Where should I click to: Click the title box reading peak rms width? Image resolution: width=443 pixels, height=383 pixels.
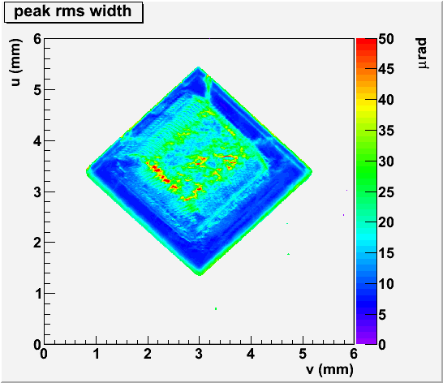74,12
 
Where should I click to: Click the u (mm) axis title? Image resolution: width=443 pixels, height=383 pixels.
15,62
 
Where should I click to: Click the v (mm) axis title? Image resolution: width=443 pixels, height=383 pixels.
329,369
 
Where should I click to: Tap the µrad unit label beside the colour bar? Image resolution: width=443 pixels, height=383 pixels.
422,53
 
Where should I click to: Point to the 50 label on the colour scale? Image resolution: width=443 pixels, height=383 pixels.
386,39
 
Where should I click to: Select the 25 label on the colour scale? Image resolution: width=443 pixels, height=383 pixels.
386,192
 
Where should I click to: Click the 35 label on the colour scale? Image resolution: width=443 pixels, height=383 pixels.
386,131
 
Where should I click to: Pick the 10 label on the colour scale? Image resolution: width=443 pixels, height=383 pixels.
386,283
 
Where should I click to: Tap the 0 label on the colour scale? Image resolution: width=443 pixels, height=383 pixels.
382,345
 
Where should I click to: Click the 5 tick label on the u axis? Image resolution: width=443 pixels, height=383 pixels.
37,90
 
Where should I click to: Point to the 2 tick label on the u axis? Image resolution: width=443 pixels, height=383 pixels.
37,243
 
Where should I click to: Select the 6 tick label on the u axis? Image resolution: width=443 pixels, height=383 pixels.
37,39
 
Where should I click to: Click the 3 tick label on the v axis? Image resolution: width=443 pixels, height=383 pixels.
199,354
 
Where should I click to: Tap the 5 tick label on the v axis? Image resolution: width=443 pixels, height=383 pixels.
303,354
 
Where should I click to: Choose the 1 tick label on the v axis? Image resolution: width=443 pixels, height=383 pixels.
96,354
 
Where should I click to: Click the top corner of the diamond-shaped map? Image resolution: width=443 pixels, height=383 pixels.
199,67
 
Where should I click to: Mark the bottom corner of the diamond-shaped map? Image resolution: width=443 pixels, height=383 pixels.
200,275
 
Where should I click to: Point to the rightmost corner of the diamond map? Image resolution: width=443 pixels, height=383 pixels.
312,171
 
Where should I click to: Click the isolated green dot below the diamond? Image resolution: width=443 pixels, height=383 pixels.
216,308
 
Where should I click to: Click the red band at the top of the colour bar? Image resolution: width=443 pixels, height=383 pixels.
367,41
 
